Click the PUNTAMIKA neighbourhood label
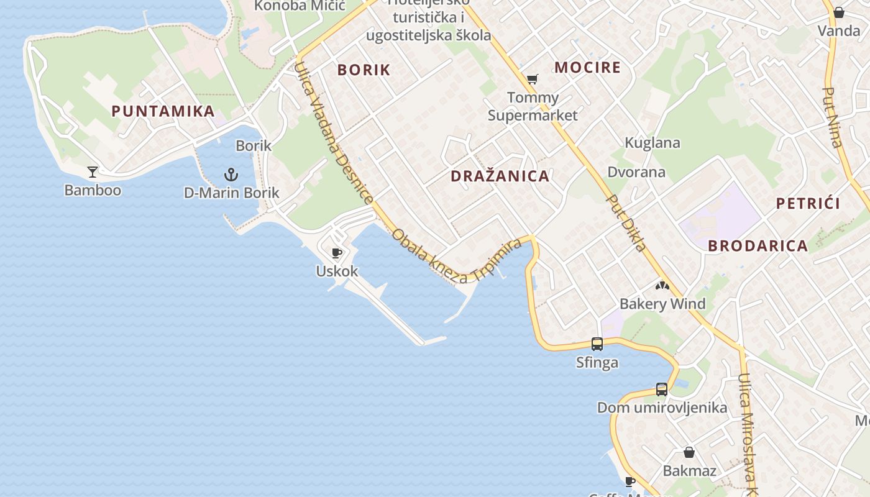tap(163, 112)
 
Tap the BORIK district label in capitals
tap(364, 70)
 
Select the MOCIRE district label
tap(587, 68)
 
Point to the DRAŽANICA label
tap(500, 176)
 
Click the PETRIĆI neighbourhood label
tap(808, 204)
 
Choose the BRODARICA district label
tap(758, 246)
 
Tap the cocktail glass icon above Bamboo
tap(93, 171)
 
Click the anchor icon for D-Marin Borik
tap(231, 174)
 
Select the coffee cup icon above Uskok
tap(337, 253)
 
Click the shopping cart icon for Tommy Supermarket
tap(532, 79)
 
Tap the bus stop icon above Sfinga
tap(597, 344)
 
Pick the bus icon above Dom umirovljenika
tap(662, 390)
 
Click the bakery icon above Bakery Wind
tap(662, 286)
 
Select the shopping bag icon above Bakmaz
tap(689, 452)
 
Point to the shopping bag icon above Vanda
tap(838, 12)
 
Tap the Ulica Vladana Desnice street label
tap(333, 133)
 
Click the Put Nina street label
tap(833, 117)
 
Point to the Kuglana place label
tap(652, 143)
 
